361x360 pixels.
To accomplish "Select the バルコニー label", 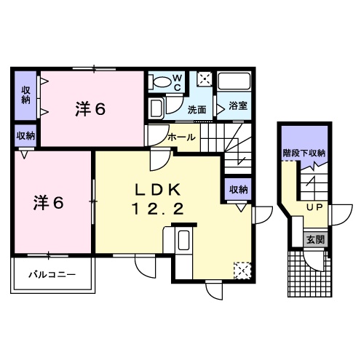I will pos(51,275).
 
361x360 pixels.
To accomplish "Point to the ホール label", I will pos(180,136).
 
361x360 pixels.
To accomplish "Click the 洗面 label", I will pos(196,110).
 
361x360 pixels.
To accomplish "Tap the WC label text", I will pos(177,81).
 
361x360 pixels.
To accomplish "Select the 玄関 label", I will pos(314,239).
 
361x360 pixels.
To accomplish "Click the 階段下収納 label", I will pos(304,153).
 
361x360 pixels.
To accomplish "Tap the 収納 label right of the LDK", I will pos(238,189).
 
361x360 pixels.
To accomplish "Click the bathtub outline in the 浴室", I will pos(234,84).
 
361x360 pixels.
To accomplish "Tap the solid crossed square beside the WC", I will pos(205,79).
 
